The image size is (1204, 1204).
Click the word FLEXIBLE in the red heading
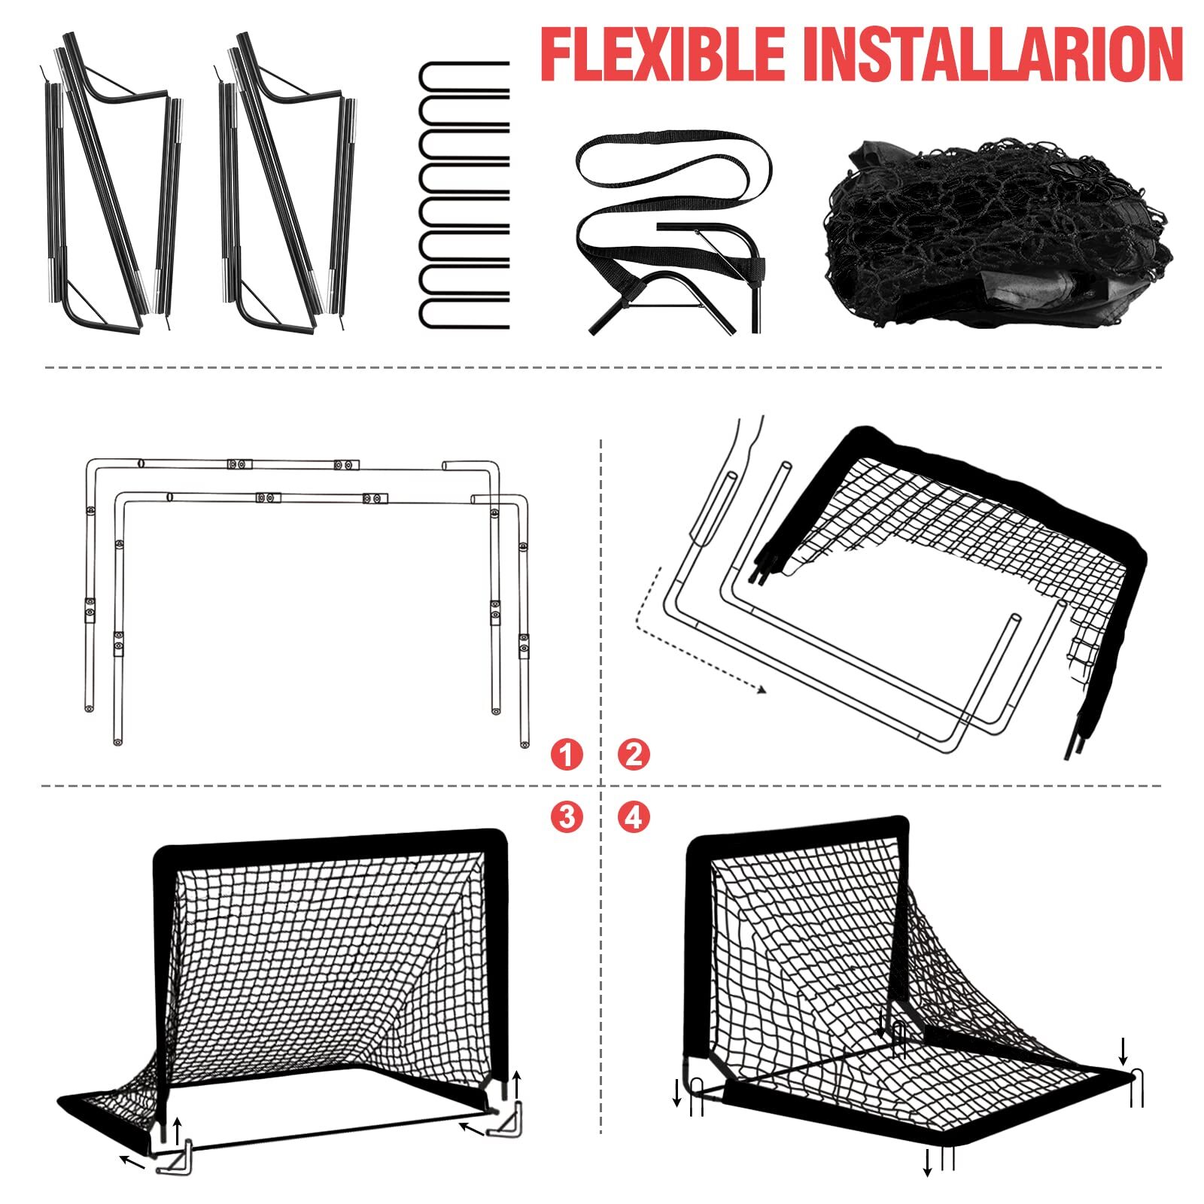[x=662, y=54]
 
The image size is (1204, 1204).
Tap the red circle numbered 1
[x=566, y=754]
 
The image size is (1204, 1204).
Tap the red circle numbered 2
[x=634, y=754]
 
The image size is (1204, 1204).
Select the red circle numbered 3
[x=566, y=816]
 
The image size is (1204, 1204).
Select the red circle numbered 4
[x=634, y=816]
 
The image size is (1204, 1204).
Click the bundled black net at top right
[x=997, y=233]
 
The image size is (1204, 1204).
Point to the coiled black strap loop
[x=673, y=162]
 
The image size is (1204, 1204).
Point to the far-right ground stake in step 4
[x=1136, y=1087]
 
